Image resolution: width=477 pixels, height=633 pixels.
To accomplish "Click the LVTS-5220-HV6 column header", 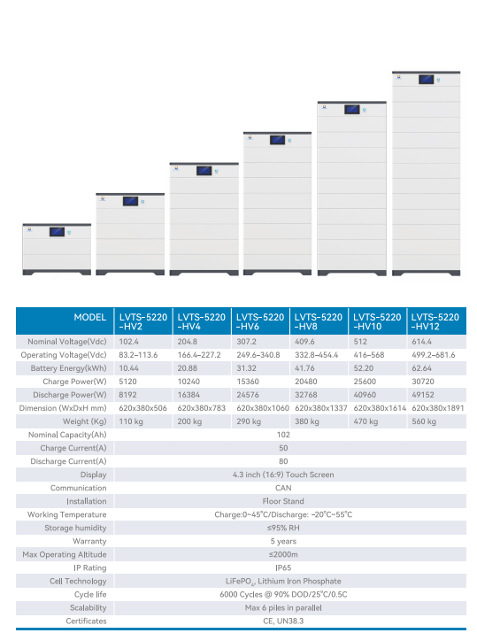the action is point(260,321).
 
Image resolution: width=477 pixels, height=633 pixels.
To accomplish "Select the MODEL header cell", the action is point(90,317).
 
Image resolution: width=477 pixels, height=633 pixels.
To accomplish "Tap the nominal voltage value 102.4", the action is point(128,342).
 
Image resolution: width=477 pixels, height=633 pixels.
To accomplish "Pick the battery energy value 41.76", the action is point(304,368).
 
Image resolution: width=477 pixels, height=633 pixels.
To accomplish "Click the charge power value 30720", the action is point(423,382).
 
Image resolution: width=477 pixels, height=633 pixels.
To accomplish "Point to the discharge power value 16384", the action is point(188,395).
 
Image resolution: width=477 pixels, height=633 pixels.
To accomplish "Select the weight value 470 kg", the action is point(365,421).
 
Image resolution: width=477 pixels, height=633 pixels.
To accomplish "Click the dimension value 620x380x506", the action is point(142,408).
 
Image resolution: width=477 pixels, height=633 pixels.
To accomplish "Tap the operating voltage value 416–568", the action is point(369,355).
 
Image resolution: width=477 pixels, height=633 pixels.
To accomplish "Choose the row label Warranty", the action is point(89,541).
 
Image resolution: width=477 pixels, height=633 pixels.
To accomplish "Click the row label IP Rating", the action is point(90,568).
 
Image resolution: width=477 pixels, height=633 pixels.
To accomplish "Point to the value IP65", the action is point(283,568).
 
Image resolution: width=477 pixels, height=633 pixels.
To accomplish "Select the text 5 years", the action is point(283,541).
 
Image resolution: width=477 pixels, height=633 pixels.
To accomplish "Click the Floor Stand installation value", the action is point(283,501).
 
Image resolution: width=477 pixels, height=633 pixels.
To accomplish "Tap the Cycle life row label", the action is point(90,595).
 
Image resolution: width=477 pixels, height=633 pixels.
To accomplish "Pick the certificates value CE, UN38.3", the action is point(283,621).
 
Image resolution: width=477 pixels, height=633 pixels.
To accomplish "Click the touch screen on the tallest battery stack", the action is point(427,80).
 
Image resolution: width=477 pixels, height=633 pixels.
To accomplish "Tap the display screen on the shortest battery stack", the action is point(57,232).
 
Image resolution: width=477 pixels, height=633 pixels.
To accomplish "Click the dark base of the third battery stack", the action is point(204,273).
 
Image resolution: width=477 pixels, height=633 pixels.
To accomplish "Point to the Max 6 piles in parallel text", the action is point(283,608).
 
